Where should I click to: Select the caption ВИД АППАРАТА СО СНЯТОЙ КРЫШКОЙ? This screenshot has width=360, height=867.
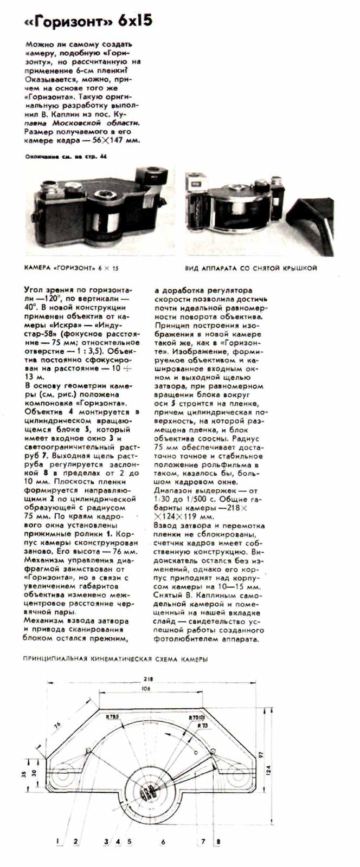coord(251,268)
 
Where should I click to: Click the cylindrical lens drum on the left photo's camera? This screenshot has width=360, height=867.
coord(102,223)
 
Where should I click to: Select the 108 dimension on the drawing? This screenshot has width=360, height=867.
coord(145,689)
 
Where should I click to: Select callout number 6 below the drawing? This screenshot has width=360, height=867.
coord(163,842)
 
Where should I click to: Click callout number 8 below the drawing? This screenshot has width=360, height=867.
coord(218,842)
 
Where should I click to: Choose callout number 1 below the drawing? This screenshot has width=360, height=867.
coord(57,842)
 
